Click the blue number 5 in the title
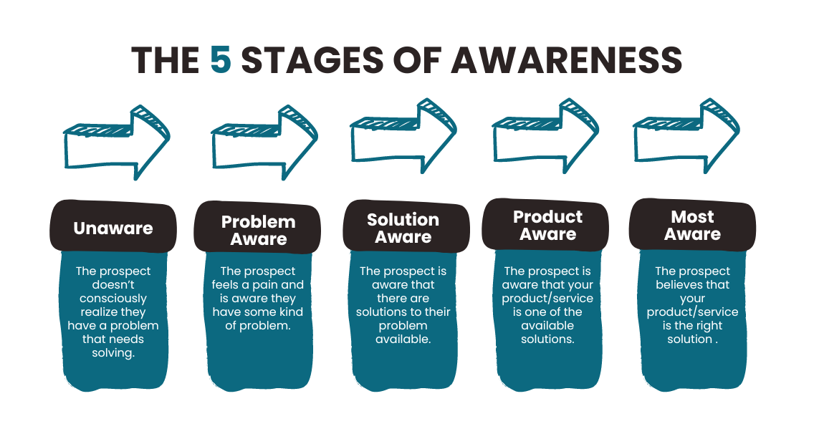pyautogui.click(x=221, y=59)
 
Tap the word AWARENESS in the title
pyautogui.click(x=566, y=59)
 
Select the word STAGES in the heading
pyautogui.click(x=312, y=59)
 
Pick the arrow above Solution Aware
pyautogui.click(x=403, y=136)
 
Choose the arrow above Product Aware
pyautogui.click(x=545, y=136)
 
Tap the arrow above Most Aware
pyautogui.click(x=686, y=136)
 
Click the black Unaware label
pyautogui.click(x=113, y=228)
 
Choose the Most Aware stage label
pyautogui.click(x=692, y=226)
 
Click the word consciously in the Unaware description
pyautogui.click(x=113, y=299)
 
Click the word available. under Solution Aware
pyautogui.click(x=403, y=339)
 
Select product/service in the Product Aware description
pyautogui.click(x=547, y=299)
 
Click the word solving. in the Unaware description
pyautogui.click(x=113, y=353)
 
